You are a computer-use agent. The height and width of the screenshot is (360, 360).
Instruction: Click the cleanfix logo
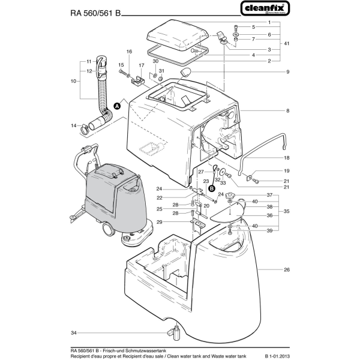pyautogui.click(x=265, y=8)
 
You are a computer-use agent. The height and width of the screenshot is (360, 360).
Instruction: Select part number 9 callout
pyautogui.click(x=287, y=72)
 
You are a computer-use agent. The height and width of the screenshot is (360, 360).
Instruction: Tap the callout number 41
pyautogui.click(x=287, y=44)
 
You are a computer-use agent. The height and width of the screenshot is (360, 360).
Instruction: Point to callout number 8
pyautogui.click(x=287, y=111)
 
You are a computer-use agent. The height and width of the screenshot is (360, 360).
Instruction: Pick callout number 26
pyautogui.click(x=287, y=270)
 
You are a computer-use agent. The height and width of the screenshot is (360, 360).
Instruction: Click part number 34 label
pyautogui.click(x=73, y=332)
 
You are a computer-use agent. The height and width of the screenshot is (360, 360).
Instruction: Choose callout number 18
pyautogui.click(x=287, y=157)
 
